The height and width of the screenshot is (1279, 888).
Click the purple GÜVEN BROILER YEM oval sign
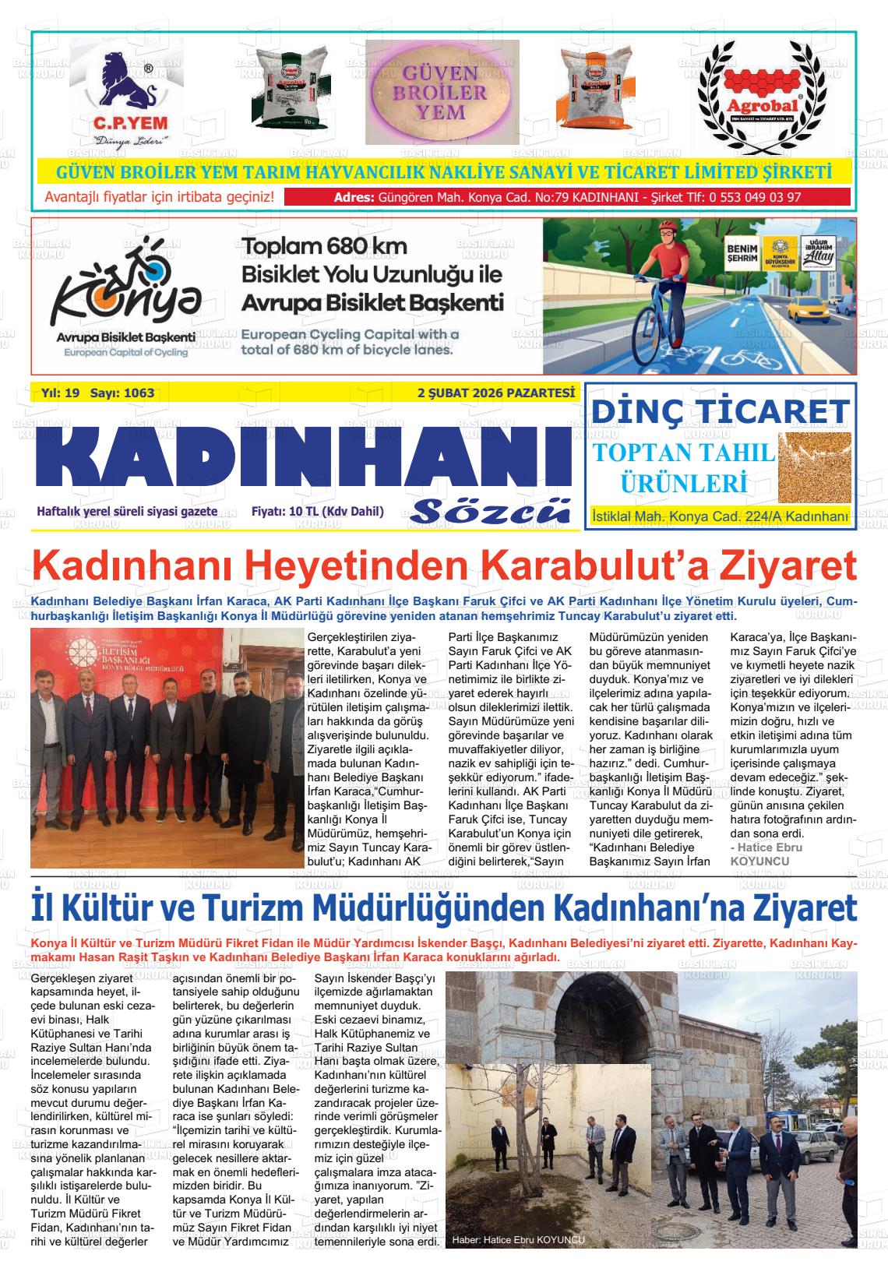tap(442, 92)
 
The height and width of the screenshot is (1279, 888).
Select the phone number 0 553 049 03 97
tap(755, 197)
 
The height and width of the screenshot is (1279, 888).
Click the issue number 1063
tap(139, 393)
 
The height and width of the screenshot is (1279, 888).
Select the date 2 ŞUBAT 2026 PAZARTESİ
tap(495, 393)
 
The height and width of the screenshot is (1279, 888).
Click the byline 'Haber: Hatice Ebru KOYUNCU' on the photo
tap(518, 1240)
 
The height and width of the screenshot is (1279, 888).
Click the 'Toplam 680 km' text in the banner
tap(324, 247)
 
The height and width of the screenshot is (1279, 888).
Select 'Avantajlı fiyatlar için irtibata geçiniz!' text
tap(160, 197)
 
